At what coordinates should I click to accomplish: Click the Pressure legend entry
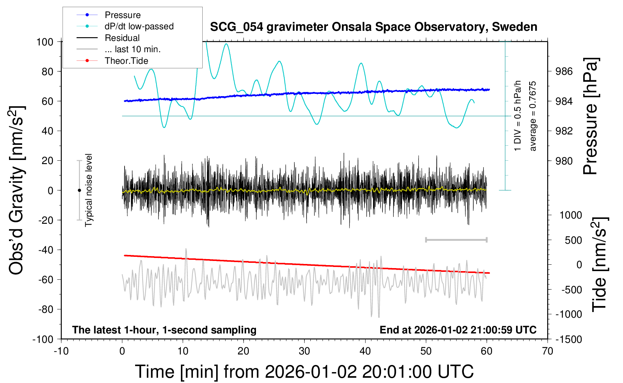(122, 15)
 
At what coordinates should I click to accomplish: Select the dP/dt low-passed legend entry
(139, 26)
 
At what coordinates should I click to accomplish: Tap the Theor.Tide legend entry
(126, 61)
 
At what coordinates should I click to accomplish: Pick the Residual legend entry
(122, 38)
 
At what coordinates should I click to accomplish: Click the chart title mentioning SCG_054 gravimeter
(373, 27)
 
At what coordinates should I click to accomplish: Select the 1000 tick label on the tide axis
(570, 215)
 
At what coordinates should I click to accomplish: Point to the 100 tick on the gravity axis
(45, 42)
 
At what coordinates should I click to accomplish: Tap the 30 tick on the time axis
(304, 351)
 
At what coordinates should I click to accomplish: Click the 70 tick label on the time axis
(548, 351)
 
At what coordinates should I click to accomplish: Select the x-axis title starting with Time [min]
(304, 372)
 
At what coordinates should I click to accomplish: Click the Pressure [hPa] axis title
(591, 116)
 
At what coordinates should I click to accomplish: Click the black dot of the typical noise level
(79, 190)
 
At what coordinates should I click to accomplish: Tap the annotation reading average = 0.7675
(533, 116)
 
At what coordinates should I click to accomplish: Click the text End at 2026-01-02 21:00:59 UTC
(458, 330)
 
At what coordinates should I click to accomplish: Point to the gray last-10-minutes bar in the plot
(456, 240)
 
